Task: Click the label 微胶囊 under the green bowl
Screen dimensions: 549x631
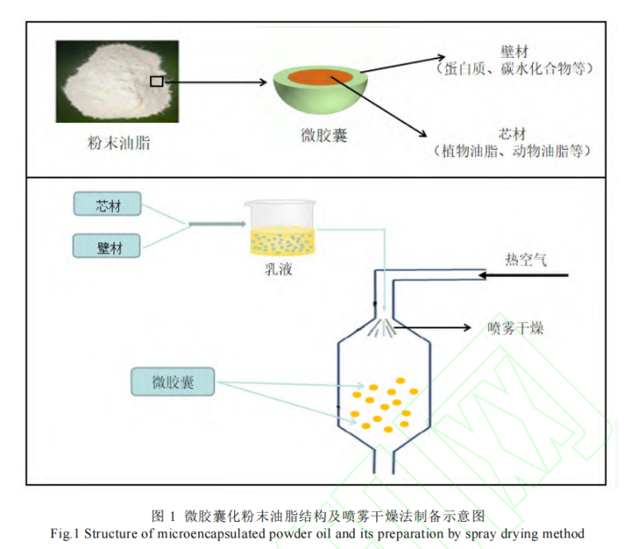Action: [323, 135]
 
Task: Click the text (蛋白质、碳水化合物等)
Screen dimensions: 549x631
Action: [514, 69]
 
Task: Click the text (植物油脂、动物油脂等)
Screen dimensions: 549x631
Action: [512, 152]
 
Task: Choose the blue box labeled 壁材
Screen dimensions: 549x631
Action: [108, 245]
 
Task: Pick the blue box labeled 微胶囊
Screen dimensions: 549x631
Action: [172, 382]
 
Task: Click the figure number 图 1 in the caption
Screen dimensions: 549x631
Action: [163, 516]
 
